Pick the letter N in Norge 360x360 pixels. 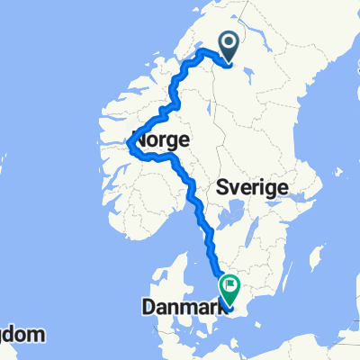pyautogui.click(x=140, y=141)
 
